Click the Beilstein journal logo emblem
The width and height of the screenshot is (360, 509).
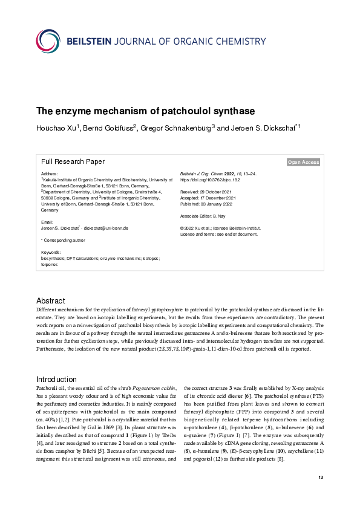coord(48,41)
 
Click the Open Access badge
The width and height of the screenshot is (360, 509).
coord(304,162)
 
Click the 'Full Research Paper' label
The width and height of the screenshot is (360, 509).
coord(73,161)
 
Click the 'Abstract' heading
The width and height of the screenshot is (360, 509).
coord(51,301)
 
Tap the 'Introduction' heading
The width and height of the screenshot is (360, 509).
coord(56,379)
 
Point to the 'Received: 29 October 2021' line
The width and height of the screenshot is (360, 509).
coord(207,192)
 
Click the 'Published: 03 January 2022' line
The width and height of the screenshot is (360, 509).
coord(208,204)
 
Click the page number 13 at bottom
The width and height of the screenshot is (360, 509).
coord(321,495)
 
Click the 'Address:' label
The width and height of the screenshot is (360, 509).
coord(50,174)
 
